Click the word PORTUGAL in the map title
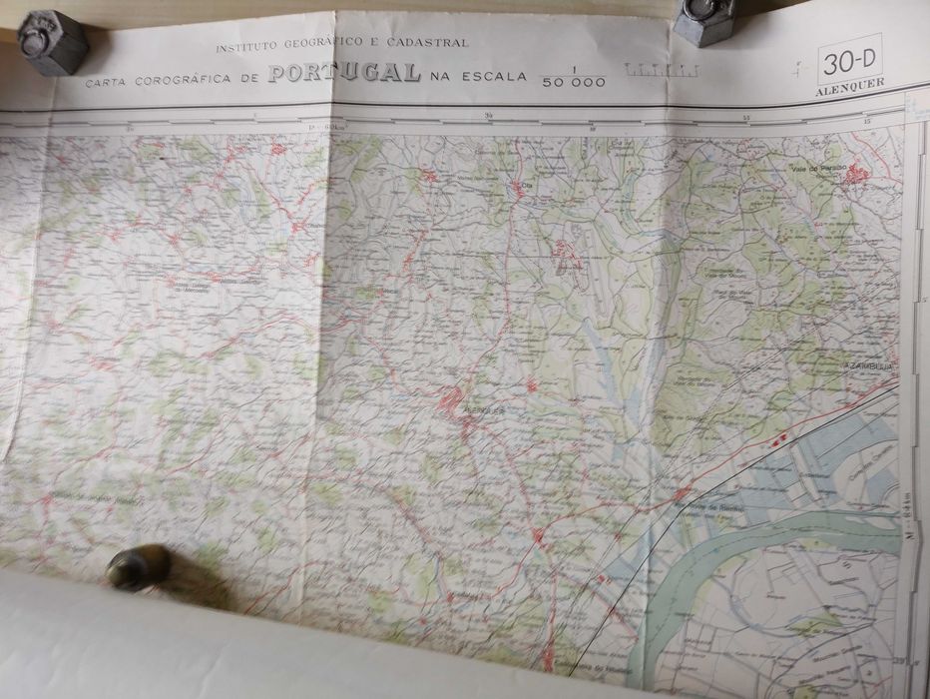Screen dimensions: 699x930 pos(343,73)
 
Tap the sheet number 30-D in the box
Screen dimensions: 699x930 pos(849,64)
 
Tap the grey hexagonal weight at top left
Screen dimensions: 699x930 pos(52,41)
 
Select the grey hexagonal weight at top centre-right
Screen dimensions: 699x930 pos(704,21)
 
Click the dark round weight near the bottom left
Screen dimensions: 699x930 pos(137,566)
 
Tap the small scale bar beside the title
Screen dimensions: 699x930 pos(661,70)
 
